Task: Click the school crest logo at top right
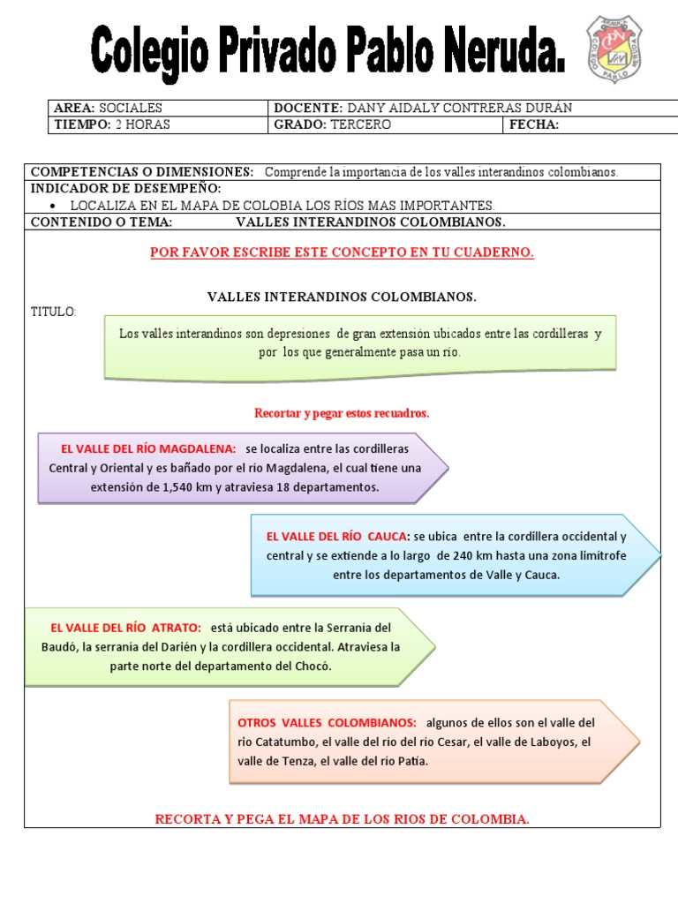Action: [x=614, y=49]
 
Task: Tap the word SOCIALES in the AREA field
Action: [x=131, y=108]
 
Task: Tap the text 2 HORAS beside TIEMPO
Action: [x=143, y=124]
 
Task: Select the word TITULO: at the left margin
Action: [x=54, y=312]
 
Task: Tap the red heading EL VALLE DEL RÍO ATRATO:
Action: [x=126, y=627]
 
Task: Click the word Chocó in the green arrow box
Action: [x=314, y=666]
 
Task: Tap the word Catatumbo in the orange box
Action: [x=285, y=742]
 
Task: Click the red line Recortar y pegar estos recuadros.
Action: [x=342, y=412]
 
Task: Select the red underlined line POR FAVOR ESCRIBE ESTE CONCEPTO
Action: [x=342, y=252]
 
